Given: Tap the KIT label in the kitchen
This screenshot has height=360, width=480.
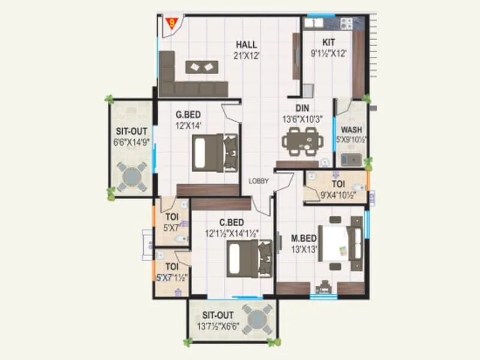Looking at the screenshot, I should point(328,43).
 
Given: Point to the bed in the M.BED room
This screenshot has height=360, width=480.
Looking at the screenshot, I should point(340,242).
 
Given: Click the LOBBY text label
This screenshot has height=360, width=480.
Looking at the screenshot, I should point(259,181).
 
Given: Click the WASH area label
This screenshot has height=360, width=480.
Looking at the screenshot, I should point(350,130).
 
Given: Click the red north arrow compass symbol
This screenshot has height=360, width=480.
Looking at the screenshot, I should point(173,25).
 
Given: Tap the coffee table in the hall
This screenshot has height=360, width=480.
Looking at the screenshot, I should point(201,67).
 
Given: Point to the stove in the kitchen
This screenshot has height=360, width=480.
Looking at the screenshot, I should point(346,23).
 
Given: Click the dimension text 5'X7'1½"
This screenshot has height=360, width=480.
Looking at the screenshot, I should point(172,277).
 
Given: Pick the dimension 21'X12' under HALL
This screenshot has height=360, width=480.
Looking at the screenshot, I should point(246,56).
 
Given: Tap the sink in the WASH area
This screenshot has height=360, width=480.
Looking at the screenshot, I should point(350,160).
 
